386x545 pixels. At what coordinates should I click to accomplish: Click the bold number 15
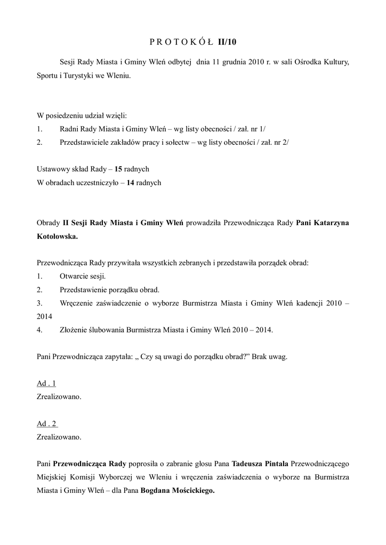tap(118, 169)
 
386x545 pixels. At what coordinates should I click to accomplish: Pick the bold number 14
tap(130, 183)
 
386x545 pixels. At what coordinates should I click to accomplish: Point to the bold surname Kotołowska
tap(57, 237)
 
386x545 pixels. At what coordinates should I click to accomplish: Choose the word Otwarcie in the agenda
tap(75, 276)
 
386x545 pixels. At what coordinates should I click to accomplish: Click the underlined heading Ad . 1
tap(46, 383)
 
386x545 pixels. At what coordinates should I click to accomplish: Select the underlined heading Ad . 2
tap(47, 424)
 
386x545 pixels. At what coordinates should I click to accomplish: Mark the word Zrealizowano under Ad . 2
tap(59, 437)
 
